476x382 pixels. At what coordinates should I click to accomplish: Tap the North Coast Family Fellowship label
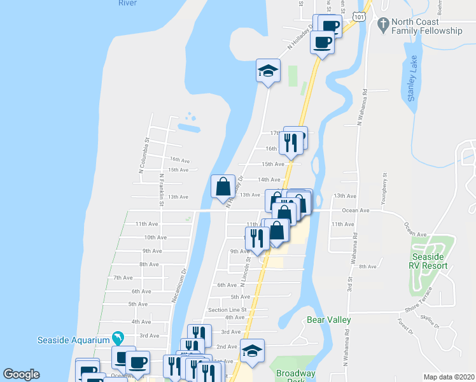click(x=426, y=26)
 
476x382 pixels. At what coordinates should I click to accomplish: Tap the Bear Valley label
click(x=328, y=320)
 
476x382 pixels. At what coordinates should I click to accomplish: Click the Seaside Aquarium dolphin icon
click(x=118, y=337)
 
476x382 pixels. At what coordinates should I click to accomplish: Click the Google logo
click(x=21, y=374)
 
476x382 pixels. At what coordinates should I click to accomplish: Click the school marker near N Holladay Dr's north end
click(x=269, y=70)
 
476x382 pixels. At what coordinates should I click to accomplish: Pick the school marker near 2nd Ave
click(x=252, y=351)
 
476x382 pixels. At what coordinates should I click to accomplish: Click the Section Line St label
click(x=227, y=309)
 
